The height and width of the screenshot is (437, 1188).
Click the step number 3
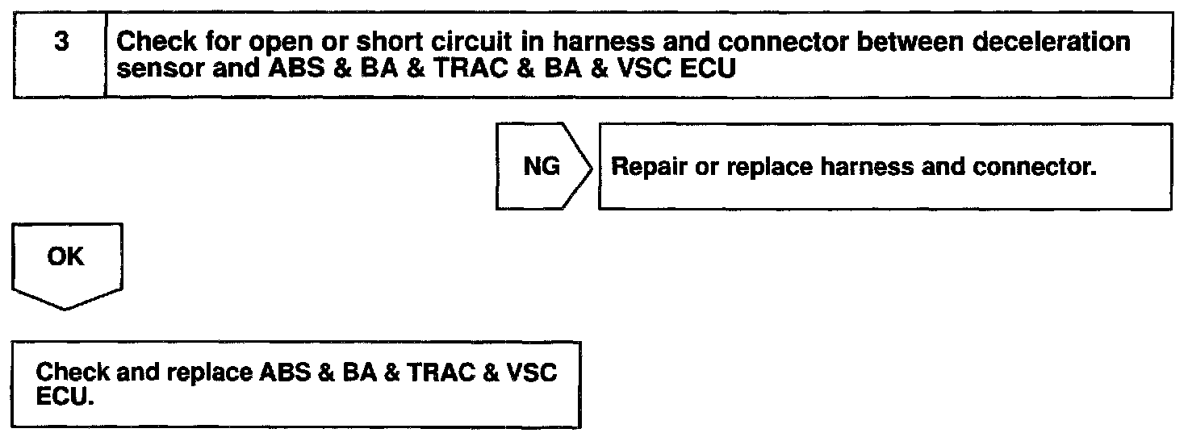[61, 43]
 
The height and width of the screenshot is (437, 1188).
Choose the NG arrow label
[542, 167]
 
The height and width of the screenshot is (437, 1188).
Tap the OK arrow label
[66, 256]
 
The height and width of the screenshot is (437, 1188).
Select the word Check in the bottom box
[73, 374]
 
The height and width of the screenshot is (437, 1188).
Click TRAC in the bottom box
[435, 374]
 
